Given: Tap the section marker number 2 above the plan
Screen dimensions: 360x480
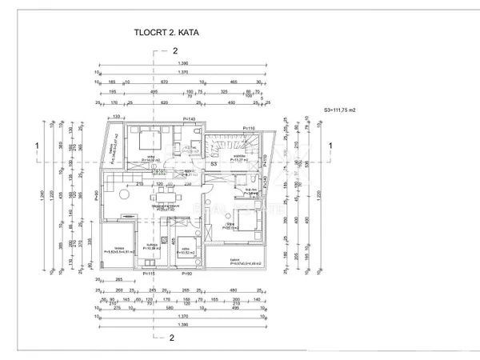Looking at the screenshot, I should (174, 50).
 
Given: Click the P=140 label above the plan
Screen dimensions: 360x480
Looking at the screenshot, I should (190, 118).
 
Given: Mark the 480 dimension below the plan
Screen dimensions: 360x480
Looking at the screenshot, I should (234, 290).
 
